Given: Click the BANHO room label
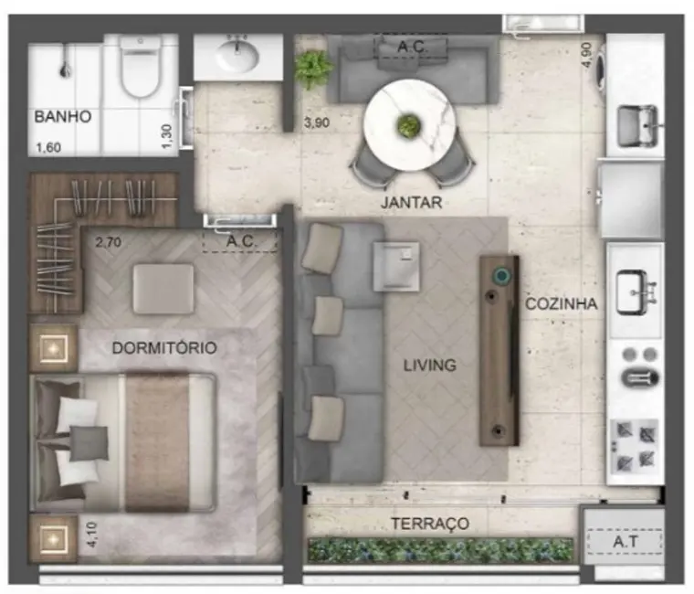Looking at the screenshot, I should [63, 117].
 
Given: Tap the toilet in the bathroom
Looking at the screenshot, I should [140, 69].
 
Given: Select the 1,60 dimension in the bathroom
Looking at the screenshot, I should [49, 146].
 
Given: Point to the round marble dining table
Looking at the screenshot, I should [407, 125].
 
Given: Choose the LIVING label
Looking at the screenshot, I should [430, 366].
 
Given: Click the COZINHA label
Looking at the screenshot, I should [561, 304].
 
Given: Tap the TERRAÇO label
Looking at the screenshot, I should [430, 524].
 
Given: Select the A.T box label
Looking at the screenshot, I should [626, 542].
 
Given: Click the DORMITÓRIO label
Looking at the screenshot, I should [164, 348].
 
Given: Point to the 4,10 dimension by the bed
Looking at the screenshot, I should [89, 533].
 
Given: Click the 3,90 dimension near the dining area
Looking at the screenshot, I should [317, 123].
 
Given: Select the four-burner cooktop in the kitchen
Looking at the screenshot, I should [635, 441].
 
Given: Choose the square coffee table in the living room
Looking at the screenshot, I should [396, 266].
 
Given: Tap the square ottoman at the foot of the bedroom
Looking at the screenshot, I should [163, 289].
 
